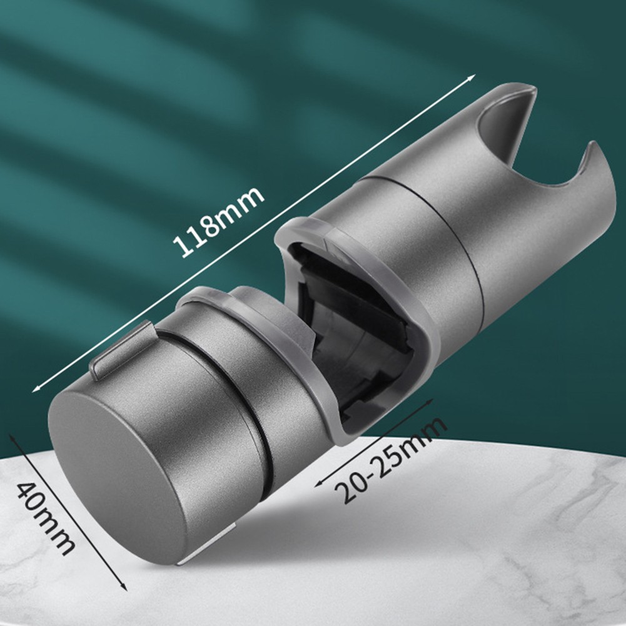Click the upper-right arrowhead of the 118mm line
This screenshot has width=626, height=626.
click(x=472, y=77)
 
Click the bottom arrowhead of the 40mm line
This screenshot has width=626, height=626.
click(x=124, y=586)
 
